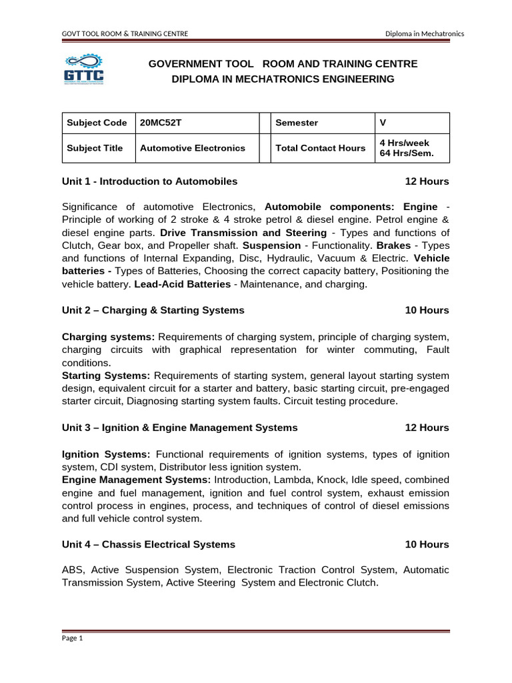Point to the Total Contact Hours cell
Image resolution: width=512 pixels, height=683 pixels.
[x=320, y=148]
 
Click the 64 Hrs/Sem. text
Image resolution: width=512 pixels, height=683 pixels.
[x=407, y=153]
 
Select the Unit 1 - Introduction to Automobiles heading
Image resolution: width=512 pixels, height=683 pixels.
[x=149, y=181]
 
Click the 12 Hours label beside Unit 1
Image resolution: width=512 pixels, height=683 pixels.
[x=427, y=181]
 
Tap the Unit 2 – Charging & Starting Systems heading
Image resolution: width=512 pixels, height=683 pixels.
[x=153, y=310]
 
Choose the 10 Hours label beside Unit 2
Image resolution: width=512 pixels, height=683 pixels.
[x=427, y=310]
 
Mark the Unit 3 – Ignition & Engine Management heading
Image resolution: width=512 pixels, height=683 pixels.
[x=179, y=428]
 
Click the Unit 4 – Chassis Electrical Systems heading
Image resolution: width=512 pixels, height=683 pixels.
[x=148, y=544]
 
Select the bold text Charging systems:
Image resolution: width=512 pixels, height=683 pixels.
[x=108, y=337]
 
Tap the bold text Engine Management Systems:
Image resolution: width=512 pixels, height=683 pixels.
[x=136, y=480]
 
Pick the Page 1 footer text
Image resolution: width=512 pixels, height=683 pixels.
[x=72, y=638]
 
